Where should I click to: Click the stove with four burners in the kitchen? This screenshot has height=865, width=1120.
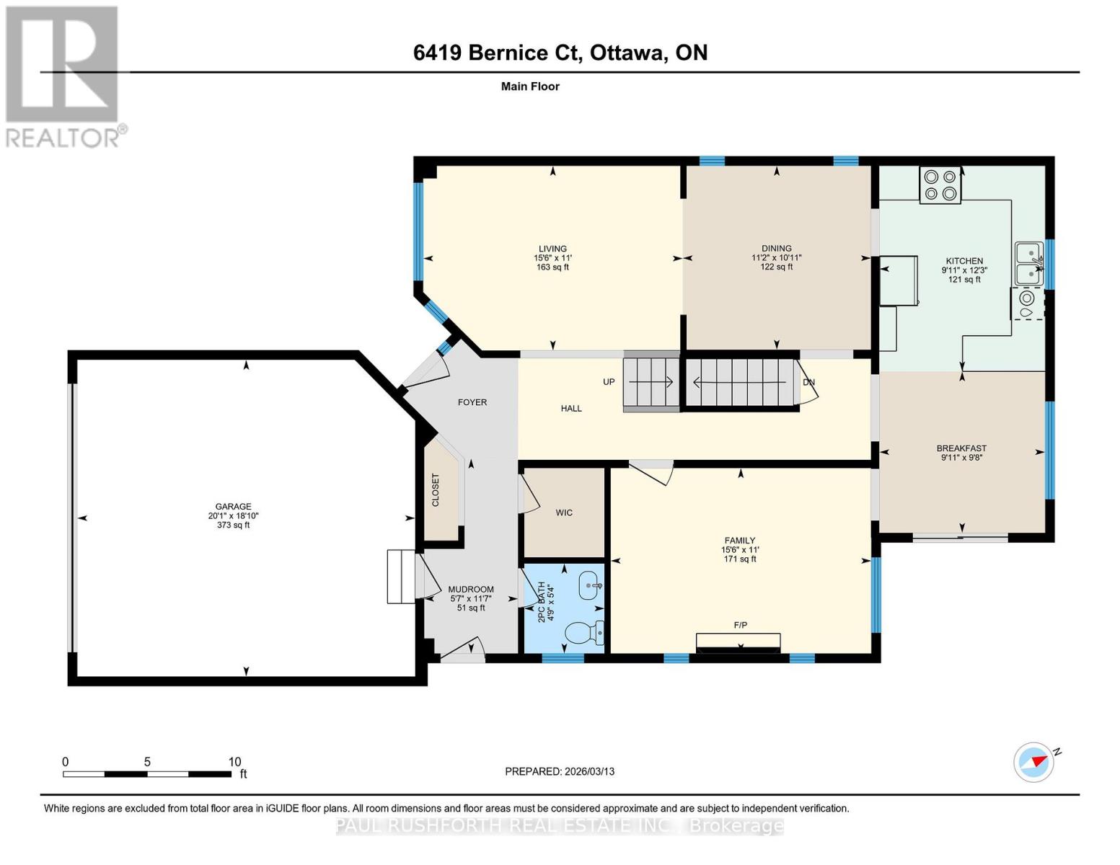tap(940, 185)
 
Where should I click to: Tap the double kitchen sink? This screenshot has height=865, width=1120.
tap(1029, 264)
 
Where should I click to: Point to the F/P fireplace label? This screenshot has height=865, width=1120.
tap(740, 625)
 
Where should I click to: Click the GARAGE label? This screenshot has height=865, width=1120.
tap(233, 507)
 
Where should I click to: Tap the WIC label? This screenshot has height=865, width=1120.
tap(564, 513)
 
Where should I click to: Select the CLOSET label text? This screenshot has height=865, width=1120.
tap(436, 490)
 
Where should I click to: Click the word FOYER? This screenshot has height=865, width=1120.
tap(472, 402)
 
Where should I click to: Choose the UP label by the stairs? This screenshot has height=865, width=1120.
tap(609, 381)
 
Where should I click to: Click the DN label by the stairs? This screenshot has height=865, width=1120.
tap(808, 382)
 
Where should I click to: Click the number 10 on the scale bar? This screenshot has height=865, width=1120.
tap(234, 762)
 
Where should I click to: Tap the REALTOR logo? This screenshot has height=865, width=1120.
tap(63, 76)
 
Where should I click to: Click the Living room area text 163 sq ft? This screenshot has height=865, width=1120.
tap(552, 267)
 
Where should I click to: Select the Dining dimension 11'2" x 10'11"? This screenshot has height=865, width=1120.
tap(776, 257)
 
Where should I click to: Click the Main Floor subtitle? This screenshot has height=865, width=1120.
tap(530, 86)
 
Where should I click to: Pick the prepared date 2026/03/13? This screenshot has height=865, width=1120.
tap(589, 771)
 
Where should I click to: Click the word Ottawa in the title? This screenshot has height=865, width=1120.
tap(627, 53)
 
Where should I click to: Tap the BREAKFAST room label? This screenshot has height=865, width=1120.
tap(961, 448)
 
